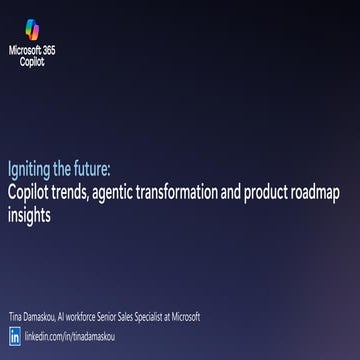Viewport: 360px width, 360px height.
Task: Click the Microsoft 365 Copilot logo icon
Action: pos(33,30)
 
